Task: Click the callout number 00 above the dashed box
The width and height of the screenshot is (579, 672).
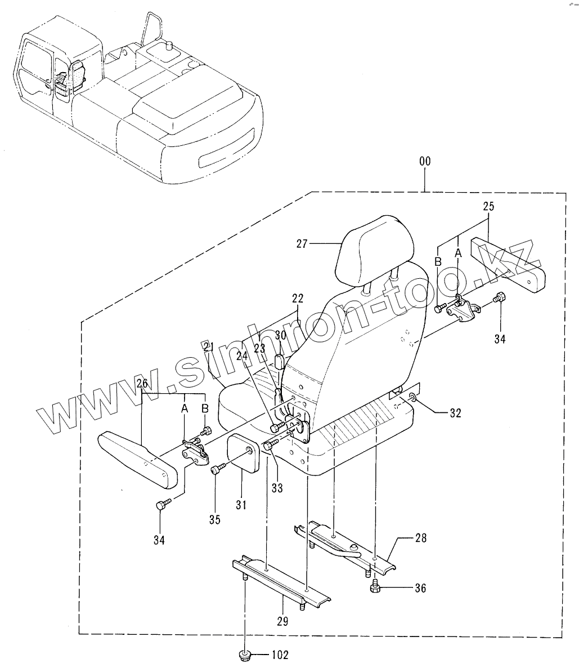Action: click(x=425, y=161)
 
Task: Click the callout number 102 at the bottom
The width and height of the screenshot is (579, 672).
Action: click(x=280, y=655)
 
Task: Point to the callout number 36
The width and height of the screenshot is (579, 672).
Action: click(x=420, y=589)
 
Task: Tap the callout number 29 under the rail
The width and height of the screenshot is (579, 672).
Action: click(x=282, y=621)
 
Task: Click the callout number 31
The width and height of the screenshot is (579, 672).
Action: click(x=241, y=505)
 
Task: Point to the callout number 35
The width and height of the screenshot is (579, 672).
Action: click(x=214, y=519)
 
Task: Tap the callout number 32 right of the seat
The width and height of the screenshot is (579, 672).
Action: click(x=455, y=413)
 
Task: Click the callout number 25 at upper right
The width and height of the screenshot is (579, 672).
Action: click(x=488, y=207)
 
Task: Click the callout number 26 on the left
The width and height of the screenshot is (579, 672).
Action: click(x=142, y=384)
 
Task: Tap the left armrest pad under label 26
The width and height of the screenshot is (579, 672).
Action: click(x=138, y=457)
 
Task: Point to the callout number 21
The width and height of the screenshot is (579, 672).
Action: click(x=209, y=345)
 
